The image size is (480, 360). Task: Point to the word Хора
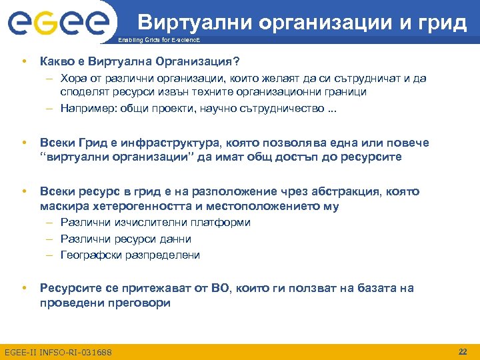click(x=73, y=79)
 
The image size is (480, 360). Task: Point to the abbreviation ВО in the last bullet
click(x=219, y=288)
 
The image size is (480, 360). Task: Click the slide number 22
click(x=462, y=351)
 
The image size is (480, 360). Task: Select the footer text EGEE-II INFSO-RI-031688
click(x=58, y=352)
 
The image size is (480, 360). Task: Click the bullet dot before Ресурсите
click(x=24, y=288)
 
